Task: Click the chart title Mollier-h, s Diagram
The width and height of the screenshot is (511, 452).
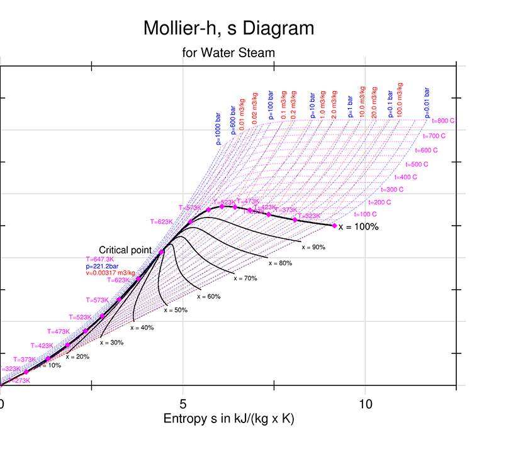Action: (x=228, y=28)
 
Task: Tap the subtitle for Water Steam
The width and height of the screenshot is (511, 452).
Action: (x=228, y=53)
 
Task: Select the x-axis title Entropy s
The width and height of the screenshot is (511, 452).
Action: (x=228, y=419)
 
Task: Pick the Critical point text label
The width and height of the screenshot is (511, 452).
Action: (x=125, y=250)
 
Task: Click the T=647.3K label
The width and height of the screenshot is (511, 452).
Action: (x=99, y=259)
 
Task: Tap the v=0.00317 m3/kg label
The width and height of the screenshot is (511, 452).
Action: (x=110, y=273)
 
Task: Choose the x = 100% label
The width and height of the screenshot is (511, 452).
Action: (x=359, y=227)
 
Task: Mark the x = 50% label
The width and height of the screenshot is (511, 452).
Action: (x=176, y=310)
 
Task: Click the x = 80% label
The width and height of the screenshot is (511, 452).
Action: (x=280, y=263)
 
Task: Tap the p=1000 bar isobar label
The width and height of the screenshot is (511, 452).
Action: (x=219, y=130)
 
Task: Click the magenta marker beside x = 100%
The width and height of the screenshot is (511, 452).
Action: (x=335, y=225)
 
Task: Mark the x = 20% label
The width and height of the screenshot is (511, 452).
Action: (x=78, y=356)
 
